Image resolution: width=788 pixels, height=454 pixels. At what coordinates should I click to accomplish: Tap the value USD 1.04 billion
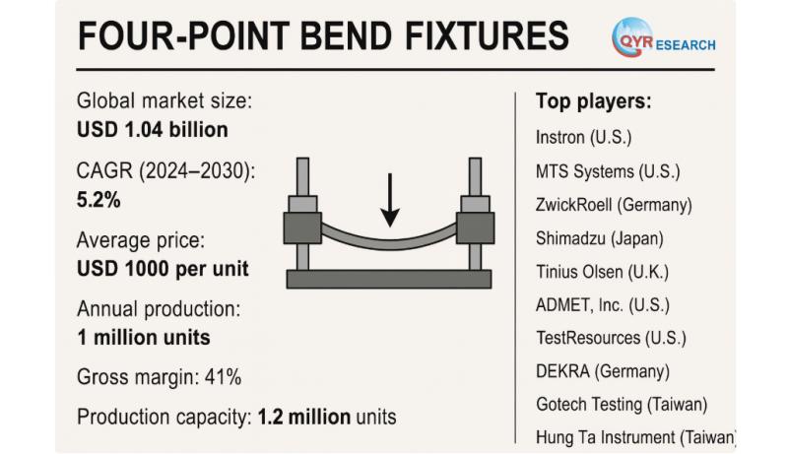[x=153, y=129]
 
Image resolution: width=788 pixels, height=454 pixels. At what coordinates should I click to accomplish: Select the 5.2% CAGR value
[x=98, y=200]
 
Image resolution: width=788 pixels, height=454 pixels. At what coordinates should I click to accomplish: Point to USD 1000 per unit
[x=163, y=267]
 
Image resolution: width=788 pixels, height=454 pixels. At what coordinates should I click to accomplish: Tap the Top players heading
[x=594, y=100]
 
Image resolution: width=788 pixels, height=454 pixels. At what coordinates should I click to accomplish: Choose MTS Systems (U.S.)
[x=607, y=171]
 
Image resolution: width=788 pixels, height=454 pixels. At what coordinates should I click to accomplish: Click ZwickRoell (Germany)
[x=614, y=205]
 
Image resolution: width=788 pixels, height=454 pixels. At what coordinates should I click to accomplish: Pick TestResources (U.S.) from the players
[x=611, y=338]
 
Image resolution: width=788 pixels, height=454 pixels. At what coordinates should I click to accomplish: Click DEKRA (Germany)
[x=603, y=371]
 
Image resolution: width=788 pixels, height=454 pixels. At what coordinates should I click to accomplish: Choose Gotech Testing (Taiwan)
[x=622, y=404]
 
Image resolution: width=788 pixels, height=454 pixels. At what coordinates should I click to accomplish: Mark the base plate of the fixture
[x=388, y=279]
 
